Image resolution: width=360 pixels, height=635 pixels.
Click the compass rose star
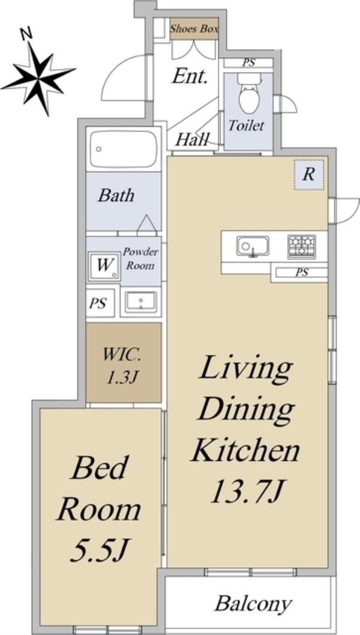point(39,78)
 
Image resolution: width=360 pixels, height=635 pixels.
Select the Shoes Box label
point(194,29)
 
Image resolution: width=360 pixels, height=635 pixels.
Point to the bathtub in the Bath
point(124,149)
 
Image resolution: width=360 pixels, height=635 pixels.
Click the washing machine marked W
point(105,266)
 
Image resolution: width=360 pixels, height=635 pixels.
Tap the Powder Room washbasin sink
point(140,302)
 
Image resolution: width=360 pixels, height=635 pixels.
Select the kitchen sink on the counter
point(253,246)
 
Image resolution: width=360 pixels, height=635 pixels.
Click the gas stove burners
point(302,246)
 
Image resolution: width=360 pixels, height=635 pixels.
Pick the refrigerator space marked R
point(309,175)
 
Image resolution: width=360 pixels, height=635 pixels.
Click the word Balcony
point(253,603)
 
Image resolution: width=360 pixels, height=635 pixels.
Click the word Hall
point(192,140)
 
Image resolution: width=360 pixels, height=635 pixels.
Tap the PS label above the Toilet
point(248,63)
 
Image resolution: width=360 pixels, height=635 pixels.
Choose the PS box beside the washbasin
point(98,303)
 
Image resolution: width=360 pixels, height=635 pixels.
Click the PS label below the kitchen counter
point(302,272)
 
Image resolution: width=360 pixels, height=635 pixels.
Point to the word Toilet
point(246,125)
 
